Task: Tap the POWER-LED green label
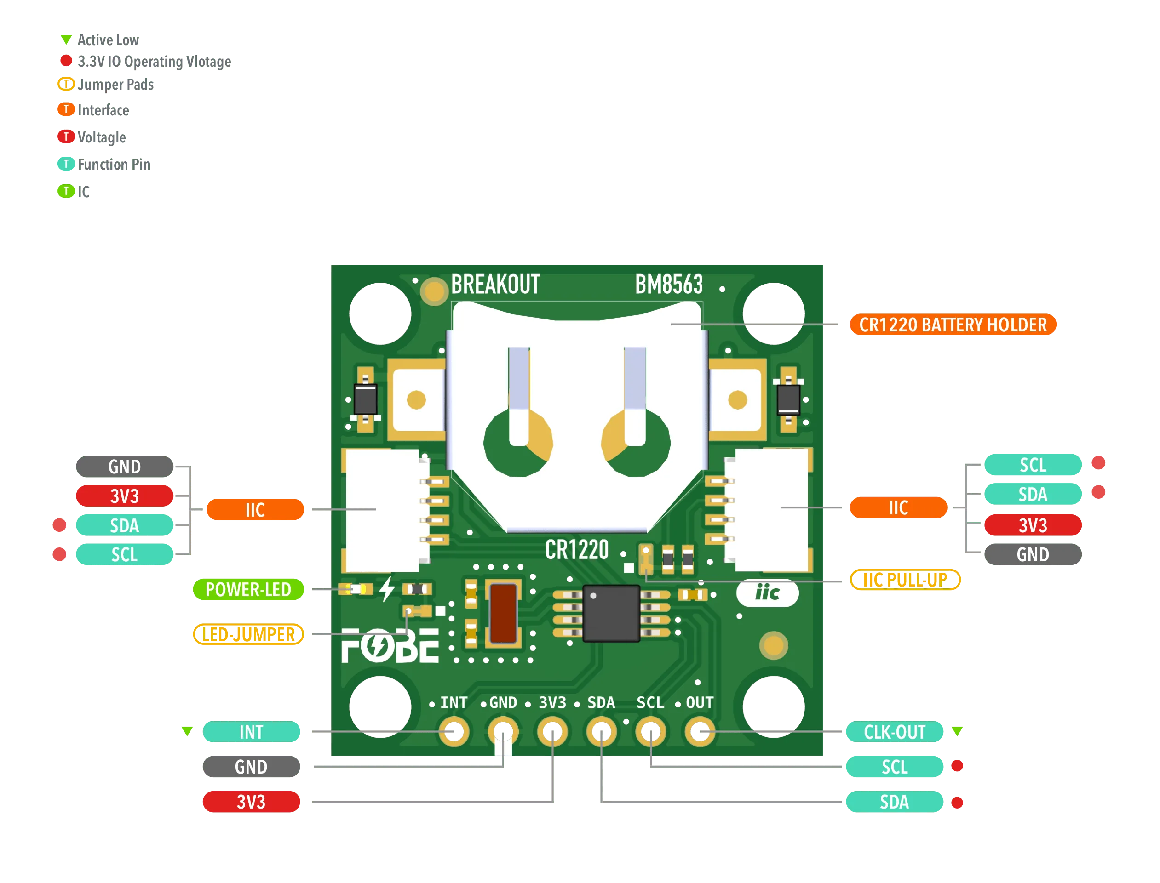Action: pos(248,589)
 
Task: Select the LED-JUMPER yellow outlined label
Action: pos(248,634)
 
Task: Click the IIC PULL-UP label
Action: pos(905,580)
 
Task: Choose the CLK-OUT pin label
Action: pos(894,732)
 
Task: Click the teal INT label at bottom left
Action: pos(251,732)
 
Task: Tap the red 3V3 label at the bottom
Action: pos(251,802)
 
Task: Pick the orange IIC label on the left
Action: pos(255,509)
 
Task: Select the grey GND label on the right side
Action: pos(1032,554)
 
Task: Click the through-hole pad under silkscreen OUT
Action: pos(700,731)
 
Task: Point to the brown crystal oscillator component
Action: pos(503,613)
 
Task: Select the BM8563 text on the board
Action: pos(668,285)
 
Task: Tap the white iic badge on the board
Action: pos(767,593)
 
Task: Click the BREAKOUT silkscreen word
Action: pos(495,285)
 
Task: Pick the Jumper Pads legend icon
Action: pos(66,84)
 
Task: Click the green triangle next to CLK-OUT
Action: pos(957,730)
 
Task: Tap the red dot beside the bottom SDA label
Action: pos(957,803)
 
